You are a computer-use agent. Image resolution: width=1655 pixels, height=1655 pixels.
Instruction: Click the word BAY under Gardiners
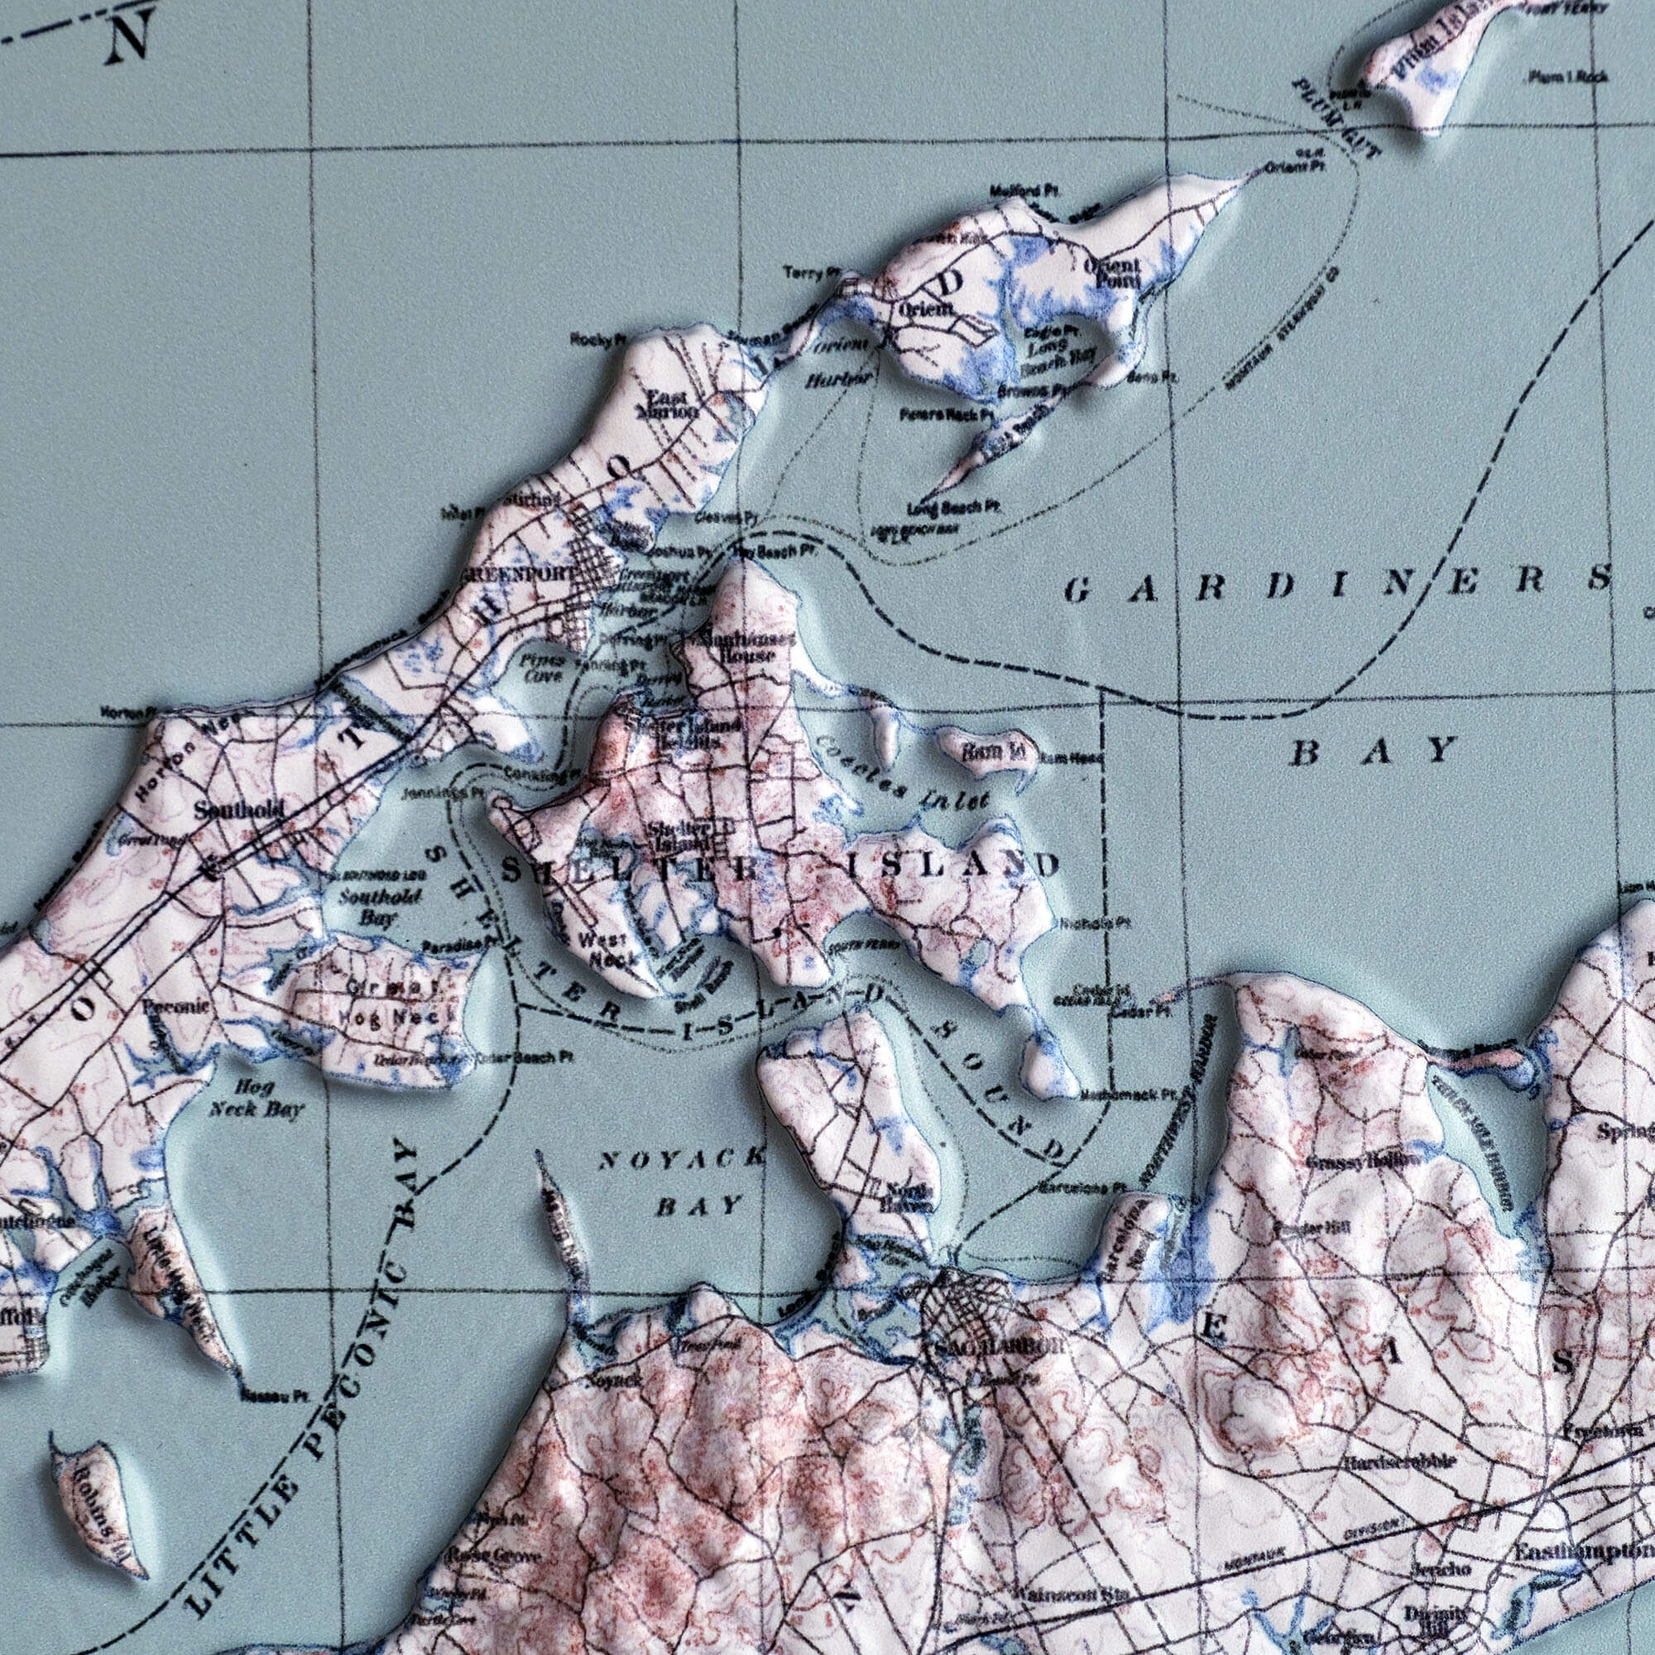[x=1372, y=752]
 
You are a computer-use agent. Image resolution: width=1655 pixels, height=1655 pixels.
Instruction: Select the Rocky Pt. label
[x=592, y=341]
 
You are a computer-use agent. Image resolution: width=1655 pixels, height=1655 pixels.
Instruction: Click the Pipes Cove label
[x=542, y=668]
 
